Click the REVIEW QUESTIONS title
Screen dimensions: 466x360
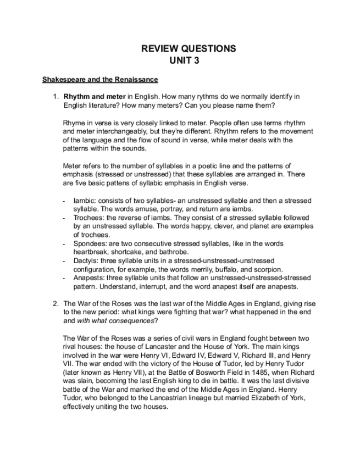tap(189, 48)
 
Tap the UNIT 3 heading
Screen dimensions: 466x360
tap(189, 60)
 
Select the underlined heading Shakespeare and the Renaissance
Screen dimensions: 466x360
tap(100, 79)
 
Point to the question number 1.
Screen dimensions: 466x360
tap(56, 97)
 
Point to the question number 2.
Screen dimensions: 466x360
tap(56, 303)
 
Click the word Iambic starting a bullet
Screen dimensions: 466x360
tap(84, 201)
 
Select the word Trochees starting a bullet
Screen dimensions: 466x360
tap(88, 218)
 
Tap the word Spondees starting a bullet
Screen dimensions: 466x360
tap(89, 243)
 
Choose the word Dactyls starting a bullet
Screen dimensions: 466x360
tap(86, 260)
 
